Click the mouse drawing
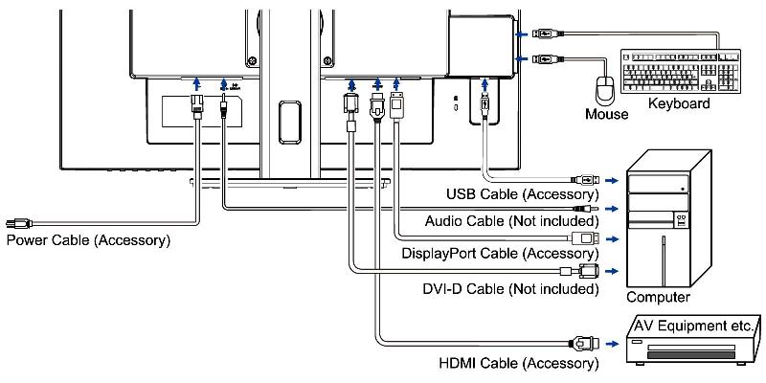pos(606,90)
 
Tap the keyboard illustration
pos(681,71)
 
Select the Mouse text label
pos(607,114)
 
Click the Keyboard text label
pos(679,103)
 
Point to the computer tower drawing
pos(668,218)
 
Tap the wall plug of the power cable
pos(18,224)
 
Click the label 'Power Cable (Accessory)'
pos(88,240)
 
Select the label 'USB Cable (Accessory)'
pos(522,194)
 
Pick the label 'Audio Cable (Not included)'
pos(511,221)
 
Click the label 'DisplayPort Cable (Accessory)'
pos(500,254)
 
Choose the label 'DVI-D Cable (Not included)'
pos(510,289)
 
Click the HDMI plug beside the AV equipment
pos(584,344)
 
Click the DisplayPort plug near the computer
pos(585,238)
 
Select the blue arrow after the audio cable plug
pos(612,209)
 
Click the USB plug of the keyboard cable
pos(546,34)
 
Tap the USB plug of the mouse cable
pos(546,58)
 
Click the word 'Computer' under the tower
pos(658,297)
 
